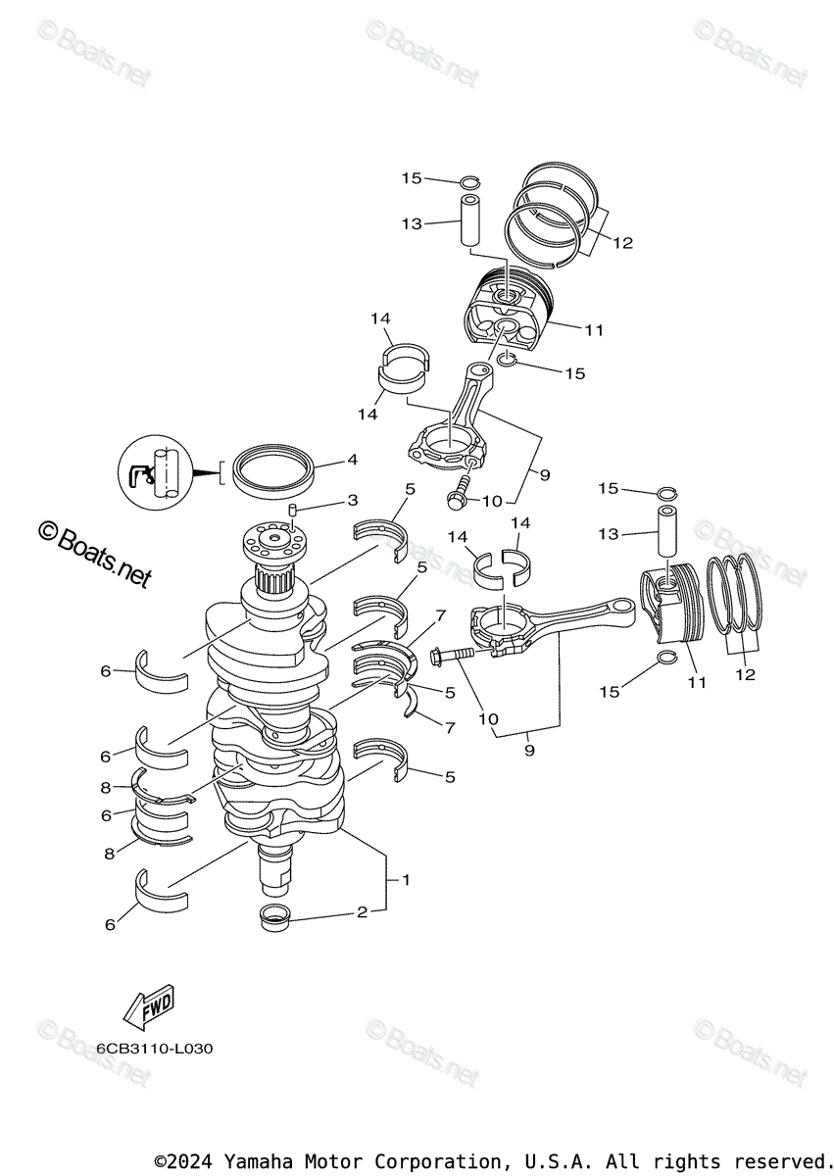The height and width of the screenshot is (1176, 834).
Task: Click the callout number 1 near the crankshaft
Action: click(x=406, y=879)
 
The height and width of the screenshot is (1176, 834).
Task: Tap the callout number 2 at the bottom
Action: click(x=361, y=912)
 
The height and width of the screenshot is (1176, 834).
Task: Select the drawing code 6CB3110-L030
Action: click(x=154, y=1048)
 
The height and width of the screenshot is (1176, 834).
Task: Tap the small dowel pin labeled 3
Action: click(x=292, y=510)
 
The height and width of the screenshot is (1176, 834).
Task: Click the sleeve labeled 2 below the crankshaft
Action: click(x=274, y=918)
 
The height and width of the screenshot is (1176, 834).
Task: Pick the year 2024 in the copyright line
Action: click(x=193, y=1161)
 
